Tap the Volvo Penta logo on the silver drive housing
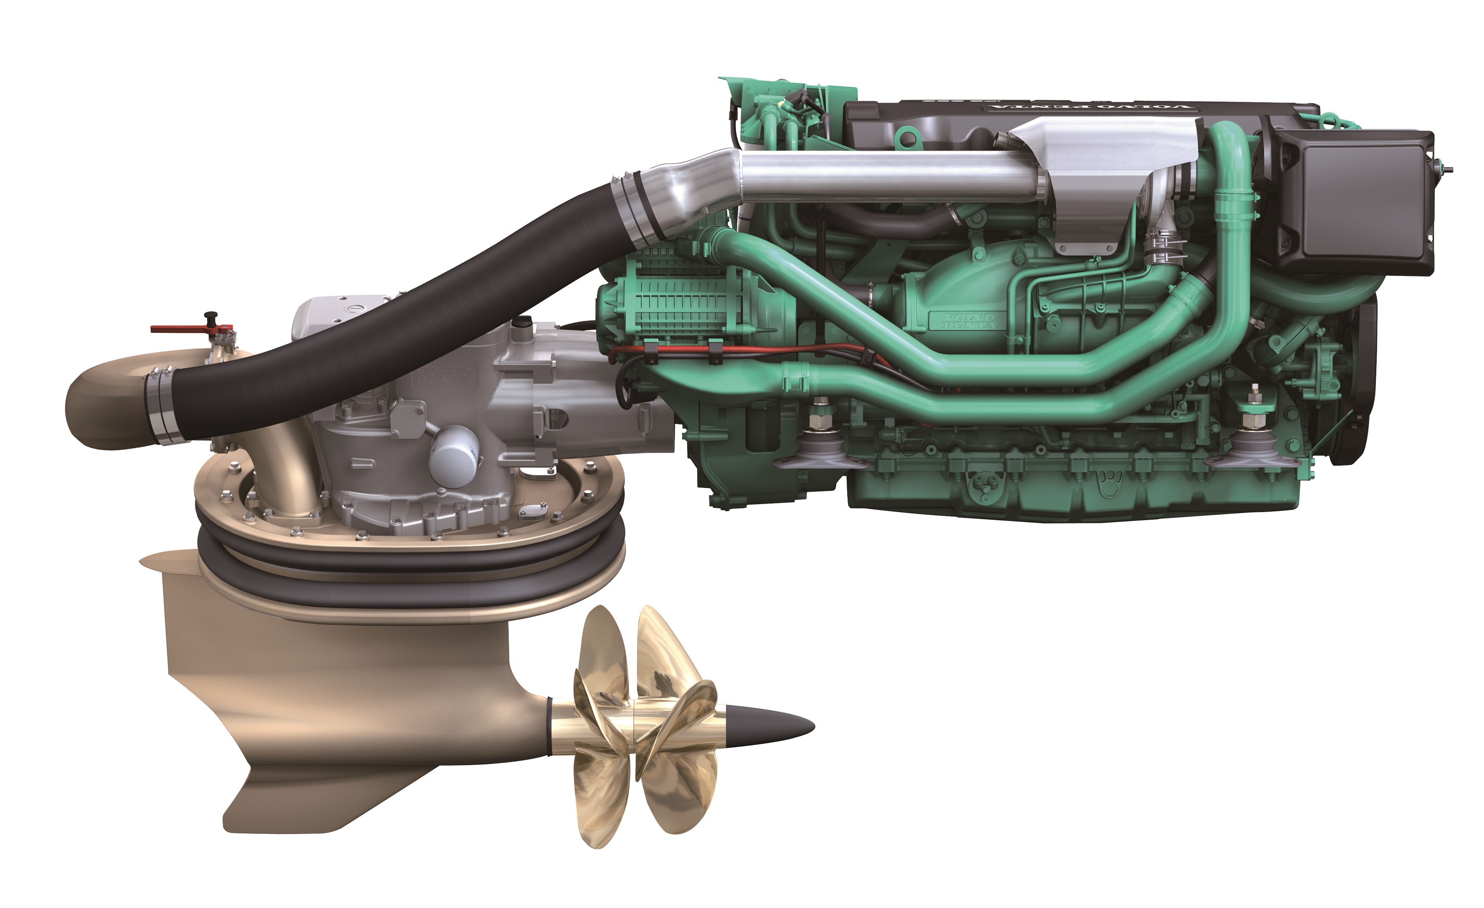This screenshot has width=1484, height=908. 444,378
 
